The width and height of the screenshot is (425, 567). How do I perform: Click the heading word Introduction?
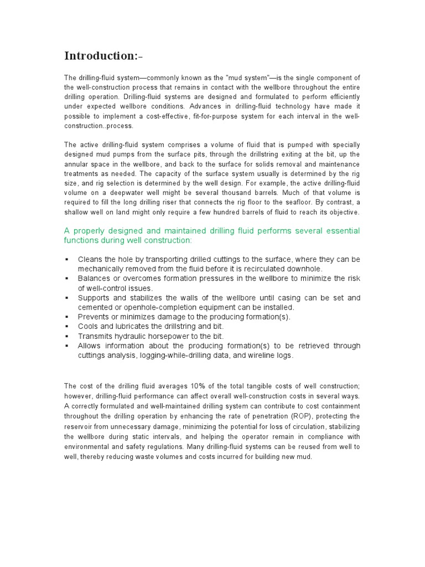[100, 56]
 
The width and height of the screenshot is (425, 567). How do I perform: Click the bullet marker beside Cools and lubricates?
[67, 327]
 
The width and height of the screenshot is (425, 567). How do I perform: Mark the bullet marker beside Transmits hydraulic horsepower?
[67, 336]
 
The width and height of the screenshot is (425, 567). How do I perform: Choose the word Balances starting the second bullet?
[94, 279]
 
